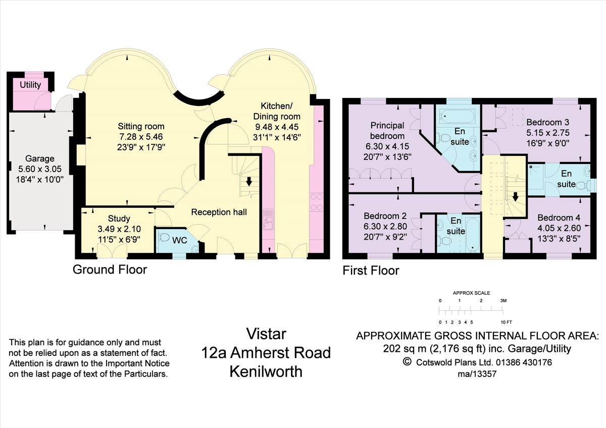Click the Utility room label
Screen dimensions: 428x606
[x=30, y=85]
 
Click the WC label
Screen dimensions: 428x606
[x=180, y=240]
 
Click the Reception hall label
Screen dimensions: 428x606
[x=219, y=212]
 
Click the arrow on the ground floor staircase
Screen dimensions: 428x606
[x=248, y=180]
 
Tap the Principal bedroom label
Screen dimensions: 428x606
[x=387, y=130]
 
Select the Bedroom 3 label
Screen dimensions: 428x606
[x=547, y=122]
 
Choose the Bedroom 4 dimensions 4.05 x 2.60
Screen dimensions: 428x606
[x=559, y=228]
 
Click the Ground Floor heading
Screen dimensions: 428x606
[x=110, y=270]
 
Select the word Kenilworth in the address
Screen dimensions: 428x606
[x=266, y=372]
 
